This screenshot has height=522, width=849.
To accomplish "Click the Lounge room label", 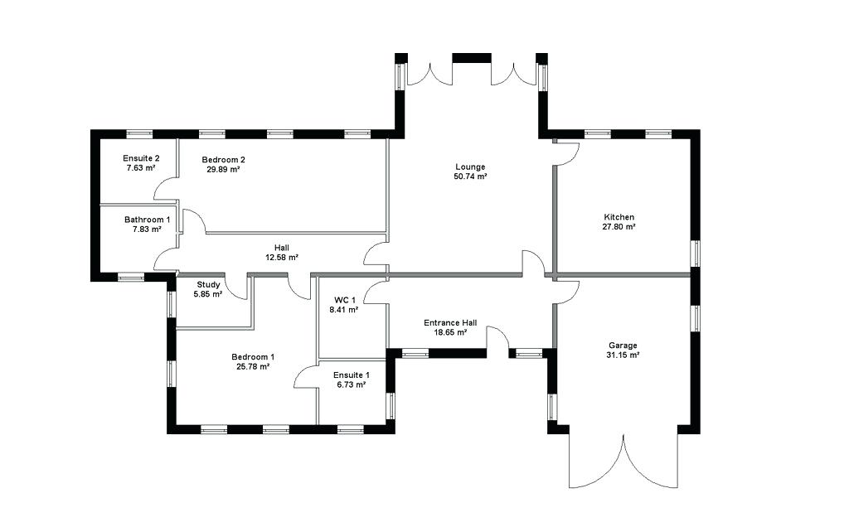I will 470,167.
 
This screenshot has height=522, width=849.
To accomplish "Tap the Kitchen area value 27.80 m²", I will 619,227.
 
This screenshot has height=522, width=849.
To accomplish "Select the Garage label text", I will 623,345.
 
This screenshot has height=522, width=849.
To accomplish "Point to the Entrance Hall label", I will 450,322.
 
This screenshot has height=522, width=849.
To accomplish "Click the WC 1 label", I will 345,300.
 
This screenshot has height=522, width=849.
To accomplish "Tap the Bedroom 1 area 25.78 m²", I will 253,367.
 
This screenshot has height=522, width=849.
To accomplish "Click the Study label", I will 208,284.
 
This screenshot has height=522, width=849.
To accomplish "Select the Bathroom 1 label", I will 147,220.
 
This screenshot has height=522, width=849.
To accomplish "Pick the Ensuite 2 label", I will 141,158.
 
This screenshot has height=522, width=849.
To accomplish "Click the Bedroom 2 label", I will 223,159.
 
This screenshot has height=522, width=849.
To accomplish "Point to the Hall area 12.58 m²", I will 281,258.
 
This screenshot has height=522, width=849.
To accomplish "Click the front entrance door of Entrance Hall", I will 498,341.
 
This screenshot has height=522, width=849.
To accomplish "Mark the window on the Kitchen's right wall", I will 696,254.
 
